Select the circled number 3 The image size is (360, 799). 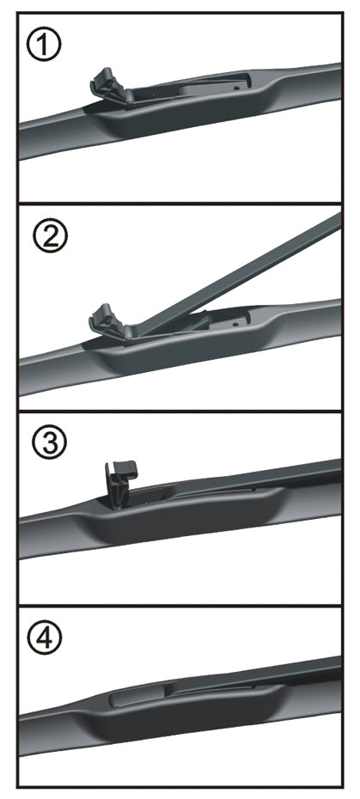click(x=49, y=442)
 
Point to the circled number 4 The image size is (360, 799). click(x=45, y=639)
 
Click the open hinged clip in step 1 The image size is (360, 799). click(x=111, y=86)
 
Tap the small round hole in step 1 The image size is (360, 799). click(x=236, y=87)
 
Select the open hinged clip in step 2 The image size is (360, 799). click(x=110, y=323)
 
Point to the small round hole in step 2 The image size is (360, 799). click(x=235, y=324)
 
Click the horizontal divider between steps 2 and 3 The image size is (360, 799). click(x=180, y=411)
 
